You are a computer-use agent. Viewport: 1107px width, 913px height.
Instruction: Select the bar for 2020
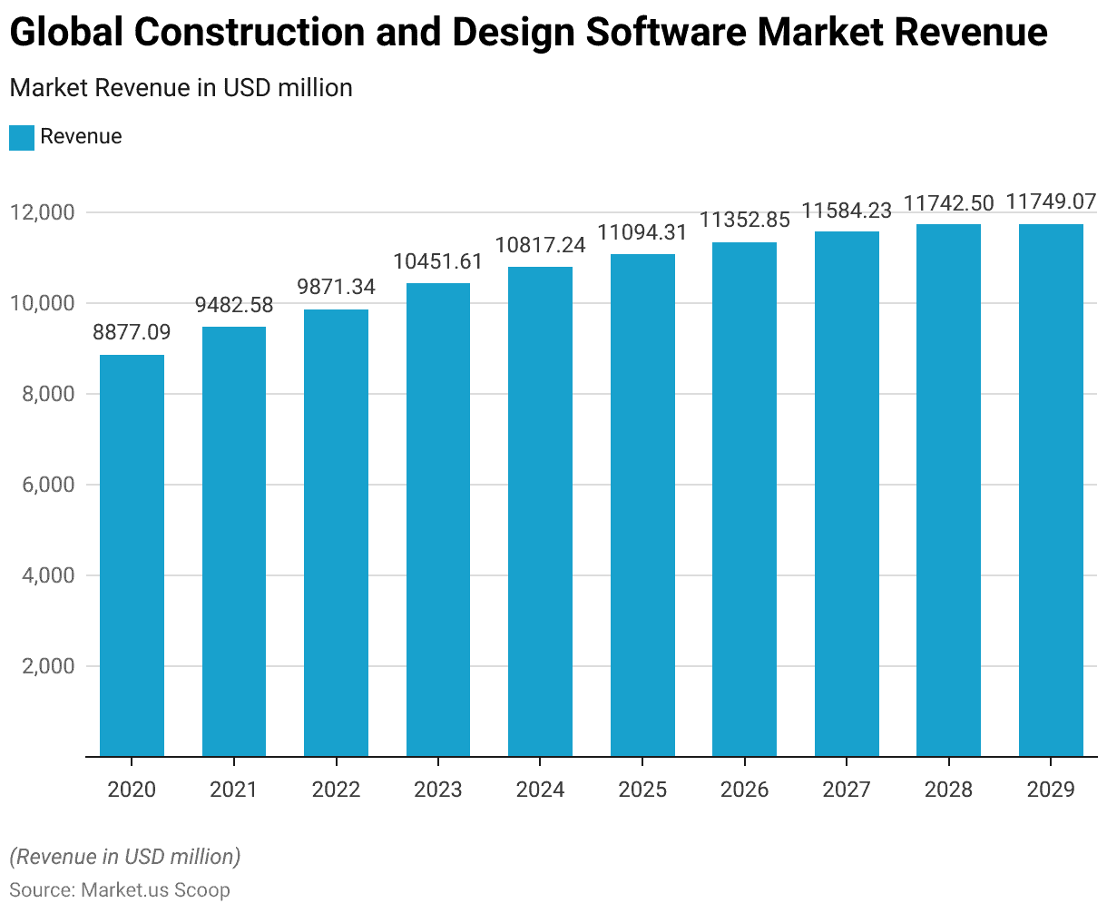[132, 555]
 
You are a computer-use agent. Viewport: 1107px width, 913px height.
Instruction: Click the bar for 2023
[438, 519]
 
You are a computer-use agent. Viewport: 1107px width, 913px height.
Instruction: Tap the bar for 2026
[744, 499]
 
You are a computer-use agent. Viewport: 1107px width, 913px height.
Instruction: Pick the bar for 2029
[1051, 490]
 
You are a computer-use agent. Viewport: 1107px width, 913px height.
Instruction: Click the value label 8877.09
[132, 332]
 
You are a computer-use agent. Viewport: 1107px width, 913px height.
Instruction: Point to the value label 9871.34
[336, 287]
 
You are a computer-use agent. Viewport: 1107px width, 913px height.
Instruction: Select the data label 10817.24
[540, 244]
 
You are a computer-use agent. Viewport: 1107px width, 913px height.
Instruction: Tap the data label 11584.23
[847, 211]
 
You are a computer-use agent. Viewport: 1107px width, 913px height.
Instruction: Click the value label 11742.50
[949, 202]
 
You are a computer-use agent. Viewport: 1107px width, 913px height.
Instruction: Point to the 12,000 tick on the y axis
[42, 212]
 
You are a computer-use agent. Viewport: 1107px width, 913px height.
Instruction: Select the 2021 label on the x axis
[233, 790]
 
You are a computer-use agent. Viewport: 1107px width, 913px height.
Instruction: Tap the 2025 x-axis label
[642, 790]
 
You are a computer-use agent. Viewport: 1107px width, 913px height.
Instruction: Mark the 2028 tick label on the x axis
[949, 790]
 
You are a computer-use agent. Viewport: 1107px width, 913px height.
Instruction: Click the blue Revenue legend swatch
[22, 138]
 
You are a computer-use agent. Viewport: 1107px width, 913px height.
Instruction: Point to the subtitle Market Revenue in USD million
[181, 88]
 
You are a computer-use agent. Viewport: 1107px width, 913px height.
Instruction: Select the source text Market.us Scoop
[155, 889]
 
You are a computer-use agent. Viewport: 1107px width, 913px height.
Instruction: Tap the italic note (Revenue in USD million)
[124, 857]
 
